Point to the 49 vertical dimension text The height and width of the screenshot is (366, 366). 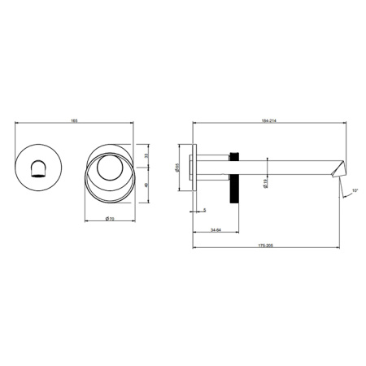point(144,184)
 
